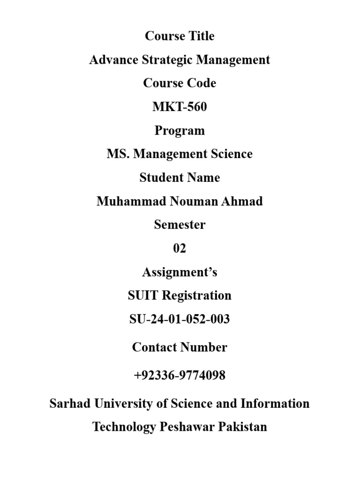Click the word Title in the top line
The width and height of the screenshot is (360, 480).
coord(200,36)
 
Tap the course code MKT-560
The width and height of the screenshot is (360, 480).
coord(180,107)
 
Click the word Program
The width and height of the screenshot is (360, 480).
coord(180,131)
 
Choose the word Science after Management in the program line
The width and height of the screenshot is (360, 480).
coord(230,154)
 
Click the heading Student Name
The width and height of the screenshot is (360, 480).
coord(180,178)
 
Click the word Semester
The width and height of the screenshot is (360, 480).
coord(180,225)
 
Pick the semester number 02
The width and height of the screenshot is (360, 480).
coord(180,248)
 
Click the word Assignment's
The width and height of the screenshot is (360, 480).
coord(180,272)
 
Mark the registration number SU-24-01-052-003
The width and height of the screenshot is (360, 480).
coord(180,320)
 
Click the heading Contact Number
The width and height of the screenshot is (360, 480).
coord(180,347)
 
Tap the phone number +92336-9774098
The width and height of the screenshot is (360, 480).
coord(180,375)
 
